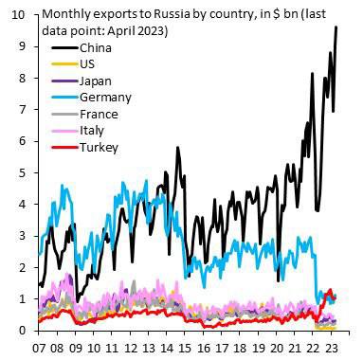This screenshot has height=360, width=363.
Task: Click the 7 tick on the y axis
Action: tap(20, 109)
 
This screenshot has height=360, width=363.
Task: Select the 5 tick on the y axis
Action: tap(20, 172)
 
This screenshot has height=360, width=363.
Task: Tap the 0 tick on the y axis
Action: tap(20, 330)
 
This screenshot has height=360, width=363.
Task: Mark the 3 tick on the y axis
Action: tap(20, 235)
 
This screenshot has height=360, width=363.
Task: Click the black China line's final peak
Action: tap(336, 27)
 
